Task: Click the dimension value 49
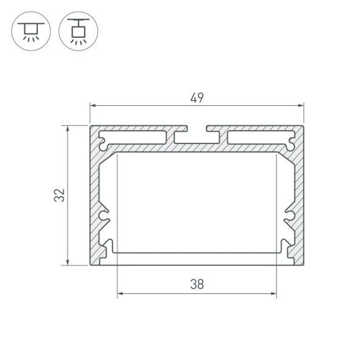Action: coord(197,98)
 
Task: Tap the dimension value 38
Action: coord(197,285)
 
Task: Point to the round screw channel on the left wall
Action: coord(104,216)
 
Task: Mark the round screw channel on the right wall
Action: coord(290,216)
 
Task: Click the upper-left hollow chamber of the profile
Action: coord(134,138)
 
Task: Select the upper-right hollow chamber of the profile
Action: coord(260,138)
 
